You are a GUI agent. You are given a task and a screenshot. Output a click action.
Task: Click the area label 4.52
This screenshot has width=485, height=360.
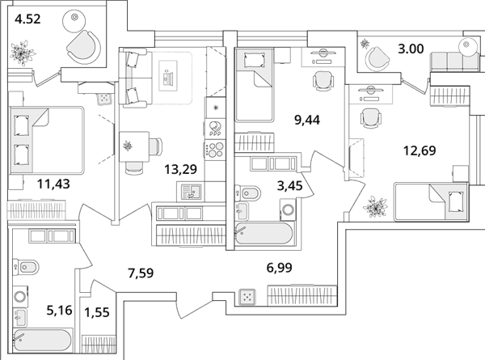pos(27,19)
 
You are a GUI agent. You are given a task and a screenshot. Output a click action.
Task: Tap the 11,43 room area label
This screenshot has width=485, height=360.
pos(53,184)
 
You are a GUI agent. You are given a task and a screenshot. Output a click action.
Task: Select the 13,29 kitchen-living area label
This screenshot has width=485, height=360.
pos(180,169)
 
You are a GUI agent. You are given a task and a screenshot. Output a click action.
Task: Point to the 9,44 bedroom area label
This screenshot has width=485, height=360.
pos(307,120)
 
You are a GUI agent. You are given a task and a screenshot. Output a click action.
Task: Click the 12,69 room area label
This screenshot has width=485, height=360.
pos(420,150)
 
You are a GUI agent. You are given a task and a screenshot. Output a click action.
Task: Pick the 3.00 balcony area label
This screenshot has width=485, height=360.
pos(411,49)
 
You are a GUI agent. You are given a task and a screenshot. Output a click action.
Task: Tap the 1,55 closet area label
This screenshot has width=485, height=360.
pos(97,312)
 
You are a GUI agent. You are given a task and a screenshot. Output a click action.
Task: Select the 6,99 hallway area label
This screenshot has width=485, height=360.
pos(279,268)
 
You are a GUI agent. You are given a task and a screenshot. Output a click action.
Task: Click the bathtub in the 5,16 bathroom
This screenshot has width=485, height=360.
pos(43,341)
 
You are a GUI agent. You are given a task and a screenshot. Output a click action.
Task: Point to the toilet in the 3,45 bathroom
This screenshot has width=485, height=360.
pos(248,194)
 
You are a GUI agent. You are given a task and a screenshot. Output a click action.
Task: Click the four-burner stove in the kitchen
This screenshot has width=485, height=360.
pos(215,149)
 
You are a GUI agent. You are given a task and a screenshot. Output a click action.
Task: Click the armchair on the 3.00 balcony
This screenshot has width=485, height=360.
pos(377,59)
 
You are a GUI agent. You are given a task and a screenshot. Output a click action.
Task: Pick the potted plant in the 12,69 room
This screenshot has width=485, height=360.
pos(375,207)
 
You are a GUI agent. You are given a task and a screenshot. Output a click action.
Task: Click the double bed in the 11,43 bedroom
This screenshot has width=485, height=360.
pos(47,140)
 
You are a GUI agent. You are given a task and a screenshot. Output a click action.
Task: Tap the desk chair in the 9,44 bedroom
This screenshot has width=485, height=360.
pos(323,81)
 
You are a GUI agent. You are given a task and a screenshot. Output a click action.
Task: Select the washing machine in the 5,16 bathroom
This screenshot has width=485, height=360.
pos(21,296)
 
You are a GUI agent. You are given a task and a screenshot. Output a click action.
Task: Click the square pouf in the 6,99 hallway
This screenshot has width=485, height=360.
pos(247,297)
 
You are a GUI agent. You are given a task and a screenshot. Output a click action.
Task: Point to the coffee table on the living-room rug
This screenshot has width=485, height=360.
pos(168,76)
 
